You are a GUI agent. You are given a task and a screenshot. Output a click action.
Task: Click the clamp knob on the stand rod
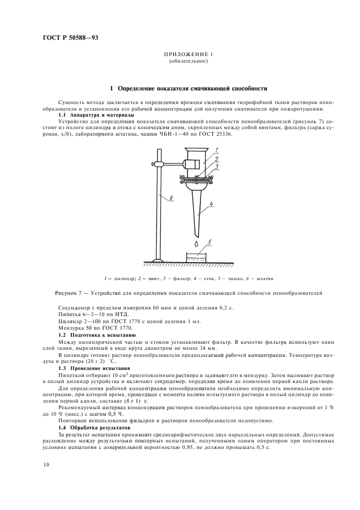(154, 162)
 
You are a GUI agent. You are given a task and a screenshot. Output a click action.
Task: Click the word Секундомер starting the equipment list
(73, 307)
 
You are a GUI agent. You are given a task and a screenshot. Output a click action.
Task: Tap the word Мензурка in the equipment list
(71, 328)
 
